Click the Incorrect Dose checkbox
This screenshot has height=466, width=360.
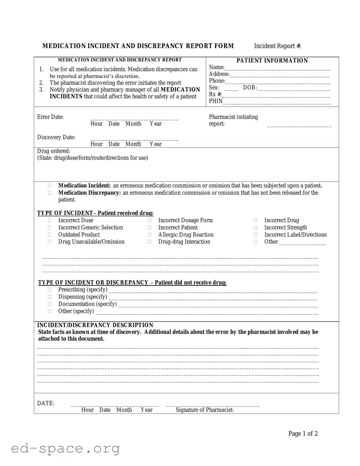coord(50,220)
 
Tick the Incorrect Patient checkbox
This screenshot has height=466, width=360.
coord(150,228)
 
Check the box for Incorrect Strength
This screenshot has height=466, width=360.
coord(256,228)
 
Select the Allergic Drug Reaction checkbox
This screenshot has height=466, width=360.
coord(150,235)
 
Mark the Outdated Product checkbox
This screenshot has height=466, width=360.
coord(50,235)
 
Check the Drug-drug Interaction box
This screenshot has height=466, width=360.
coord(150,242)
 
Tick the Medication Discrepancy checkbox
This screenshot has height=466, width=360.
coord(50,193)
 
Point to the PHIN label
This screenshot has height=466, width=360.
coord(216,101)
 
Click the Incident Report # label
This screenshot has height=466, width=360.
coord(277,46)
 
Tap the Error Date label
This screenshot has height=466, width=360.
coord(50,117)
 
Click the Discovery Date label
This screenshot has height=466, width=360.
coord(56,137)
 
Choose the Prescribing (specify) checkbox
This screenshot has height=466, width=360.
coord(50,290)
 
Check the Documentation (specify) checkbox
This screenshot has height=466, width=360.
coord(50,304)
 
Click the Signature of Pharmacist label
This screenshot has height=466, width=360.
coord(205,410)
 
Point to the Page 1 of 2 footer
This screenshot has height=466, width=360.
coord(303,434)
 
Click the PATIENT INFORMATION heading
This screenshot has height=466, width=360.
coord(272,61)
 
